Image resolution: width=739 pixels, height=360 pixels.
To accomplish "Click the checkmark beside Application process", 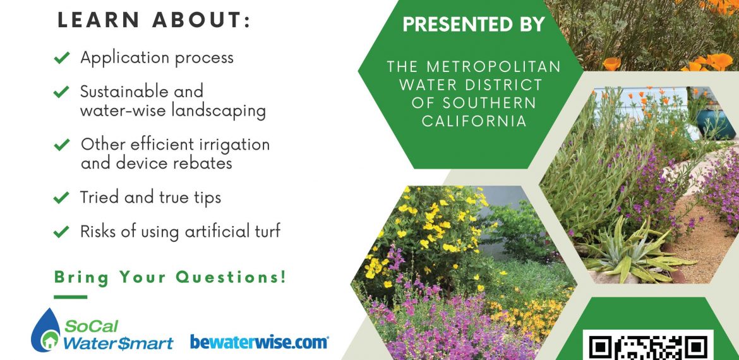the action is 62,58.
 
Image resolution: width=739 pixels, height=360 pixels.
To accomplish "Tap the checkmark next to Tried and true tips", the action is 62,198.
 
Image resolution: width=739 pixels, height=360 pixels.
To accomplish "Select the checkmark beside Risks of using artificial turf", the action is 62,232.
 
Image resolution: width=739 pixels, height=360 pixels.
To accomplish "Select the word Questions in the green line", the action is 231,277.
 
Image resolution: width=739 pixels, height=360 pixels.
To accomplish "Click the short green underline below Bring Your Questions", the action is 70,297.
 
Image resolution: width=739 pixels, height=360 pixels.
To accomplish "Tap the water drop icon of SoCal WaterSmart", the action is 45,330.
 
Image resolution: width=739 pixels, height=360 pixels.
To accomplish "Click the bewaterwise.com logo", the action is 259,342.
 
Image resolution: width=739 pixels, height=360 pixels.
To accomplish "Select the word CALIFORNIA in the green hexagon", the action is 474,121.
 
